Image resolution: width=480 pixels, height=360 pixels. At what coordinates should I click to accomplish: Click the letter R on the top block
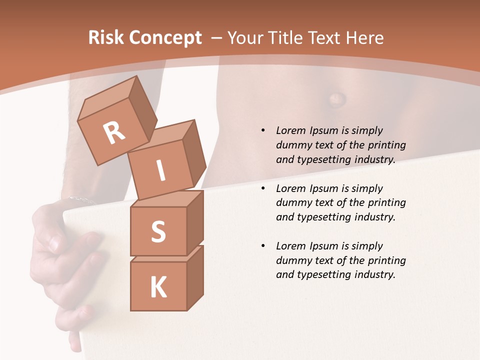point(114,133)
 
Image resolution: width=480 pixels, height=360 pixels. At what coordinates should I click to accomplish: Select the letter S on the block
point(158,232)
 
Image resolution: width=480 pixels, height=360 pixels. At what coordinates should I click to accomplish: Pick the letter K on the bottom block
point(158,287)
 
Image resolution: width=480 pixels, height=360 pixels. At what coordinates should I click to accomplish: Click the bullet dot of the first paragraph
point(263,130)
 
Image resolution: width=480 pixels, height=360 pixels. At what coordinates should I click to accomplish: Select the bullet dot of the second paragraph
point(263,188)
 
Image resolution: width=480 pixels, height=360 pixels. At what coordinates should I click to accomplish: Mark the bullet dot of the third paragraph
point(263,246)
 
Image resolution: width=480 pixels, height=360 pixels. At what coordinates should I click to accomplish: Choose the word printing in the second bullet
point(385,203)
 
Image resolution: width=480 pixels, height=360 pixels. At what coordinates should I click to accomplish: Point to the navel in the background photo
point(336,97)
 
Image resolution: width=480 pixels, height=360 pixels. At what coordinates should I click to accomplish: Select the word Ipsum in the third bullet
point(324,246)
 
